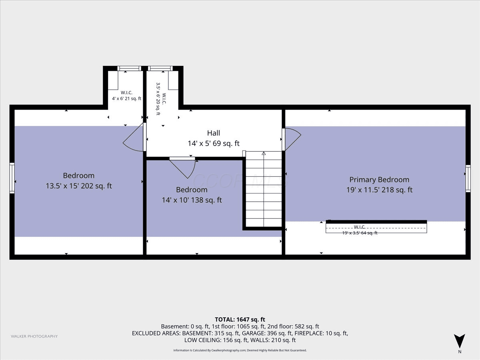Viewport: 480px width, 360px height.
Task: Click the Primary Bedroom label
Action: coord(379,180)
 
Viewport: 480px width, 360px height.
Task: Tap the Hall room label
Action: coord(214,133)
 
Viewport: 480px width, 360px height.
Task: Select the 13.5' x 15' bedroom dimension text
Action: coord(79,186)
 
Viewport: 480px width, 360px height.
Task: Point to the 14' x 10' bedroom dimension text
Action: coord(192,200)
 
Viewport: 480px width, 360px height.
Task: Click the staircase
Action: coord(264,189)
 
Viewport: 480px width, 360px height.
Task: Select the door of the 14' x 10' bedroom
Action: coord(182,168)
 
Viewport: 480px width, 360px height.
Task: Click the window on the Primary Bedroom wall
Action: coord(468,178)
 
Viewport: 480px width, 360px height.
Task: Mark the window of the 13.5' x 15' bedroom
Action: coord(12,178)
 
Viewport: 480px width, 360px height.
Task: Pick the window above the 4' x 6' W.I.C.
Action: coord(129,68)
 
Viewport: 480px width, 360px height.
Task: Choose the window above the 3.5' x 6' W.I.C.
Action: coord(160,68)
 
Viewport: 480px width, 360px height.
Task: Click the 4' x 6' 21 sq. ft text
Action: coord(127,98)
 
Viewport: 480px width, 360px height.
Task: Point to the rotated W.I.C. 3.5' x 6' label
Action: coord(161,99)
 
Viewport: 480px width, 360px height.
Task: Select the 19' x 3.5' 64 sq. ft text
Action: coord(360,233)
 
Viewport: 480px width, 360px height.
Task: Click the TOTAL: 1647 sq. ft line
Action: coord(240,320)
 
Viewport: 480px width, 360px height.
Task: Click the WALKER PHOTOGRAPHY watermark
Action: coord(34,336)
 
